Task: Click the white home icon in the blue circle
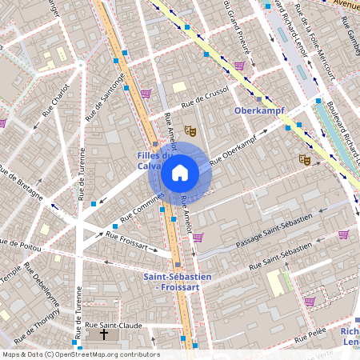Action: pos(180,172)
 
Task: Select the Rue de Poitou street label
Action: pos(22,242)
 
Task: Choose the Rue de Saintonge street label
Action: pos(105,98)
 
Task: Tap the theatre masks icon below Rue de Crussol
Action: pos(190,130)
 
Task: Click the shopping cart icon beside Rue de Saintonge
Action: pos(146,94)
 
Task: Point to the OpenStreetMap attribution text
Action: pos(80,354)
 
